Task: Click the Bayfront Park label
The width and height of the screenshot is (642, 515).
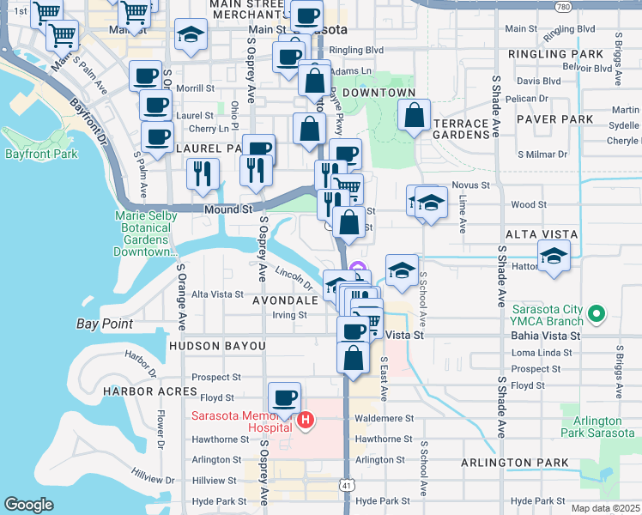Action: pos(41,154)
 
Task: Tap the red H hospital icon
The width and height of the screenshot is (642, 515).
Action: pos(305,420)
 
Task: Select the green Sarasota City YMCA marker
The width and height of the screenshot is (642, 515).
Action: pos(602,314)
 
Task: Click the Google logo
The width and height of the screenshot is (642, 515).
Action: pos(28,505)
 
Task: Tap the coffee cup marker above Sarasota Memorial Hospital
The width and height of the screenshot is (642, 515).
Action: pos(284,397)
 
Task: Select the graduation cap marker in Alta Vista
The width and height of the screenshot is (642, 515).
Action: pos(554,256)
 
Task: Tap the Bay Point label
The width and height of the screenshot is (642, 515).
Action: pos(105,324)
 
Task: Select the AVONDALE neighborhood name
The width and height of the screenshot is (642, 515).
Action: pos(285,301)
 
